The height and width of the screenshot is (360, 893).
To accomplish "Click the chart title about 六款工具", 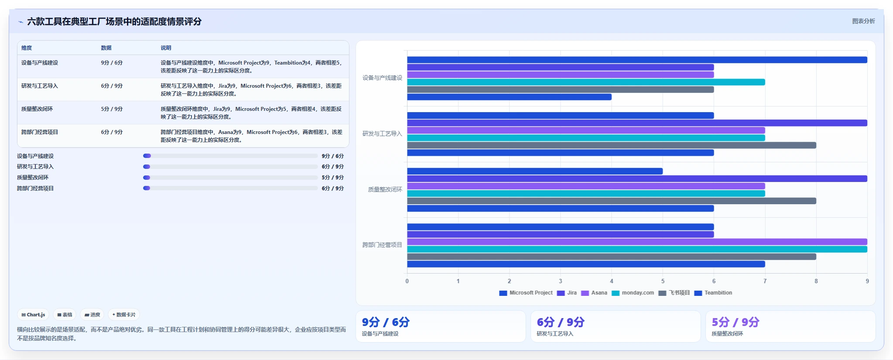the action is (x=114, y=21).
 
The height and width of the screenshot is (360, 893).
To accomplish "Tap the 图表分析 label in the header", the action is (x=863, y=21).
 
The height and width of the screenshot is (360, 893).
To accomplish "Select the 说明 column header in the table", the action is (x=166, y=48).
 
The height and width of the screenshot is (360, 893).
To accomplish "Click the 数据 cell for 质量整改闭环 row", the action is (x=112, y=109).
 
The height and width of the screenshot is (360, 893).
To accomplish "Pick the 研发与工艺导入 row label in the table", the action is (x=40, y=86).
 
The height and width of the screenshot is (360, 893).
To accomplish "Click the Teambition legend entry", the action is (x=713, y=293).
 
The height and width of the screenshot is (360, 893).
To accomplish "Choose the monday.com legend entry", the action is (x=633, y=293).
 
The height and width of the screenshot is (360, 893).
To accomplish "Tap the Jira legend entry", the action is (x=567, y=293).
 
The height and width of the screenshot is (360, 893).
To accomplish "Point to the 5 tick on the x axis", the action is (x=663, y=281).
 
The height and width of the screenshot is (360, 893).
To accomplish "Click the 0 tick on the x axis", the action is (x=407, y=281).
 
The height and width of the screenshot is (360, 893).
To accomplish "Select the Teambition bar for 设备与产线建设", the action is (x=509, y=97).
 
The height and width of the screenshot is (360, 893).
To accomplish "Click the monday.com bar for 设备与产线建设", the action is (x=586, y=82).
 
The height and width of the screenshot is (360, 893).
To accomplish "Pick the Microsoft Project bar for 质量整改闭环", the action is (x=535, y=171).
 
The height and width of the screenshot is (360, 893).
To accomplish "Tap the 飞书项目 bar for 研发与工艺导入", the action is (x=612, y=145).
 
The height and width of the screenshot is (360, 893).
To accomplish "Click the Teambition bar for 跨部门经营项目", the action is (x=586, y=264).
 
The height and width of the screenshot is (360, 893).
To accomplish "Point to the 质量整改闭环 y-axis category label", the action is (x=385, y=189).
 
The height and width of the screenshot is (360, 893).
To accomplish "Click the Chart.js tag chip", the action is (x=33, y=315).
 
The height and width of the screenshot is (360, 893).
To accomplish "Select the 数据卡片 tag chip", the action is (x=124, y=315).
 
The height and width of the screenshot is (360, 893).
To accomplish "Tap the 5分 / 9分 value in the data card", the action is (x=736, y=322).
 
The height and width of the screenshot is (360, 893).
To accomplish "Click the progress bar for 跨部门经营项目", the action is (x=230, y=188).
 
